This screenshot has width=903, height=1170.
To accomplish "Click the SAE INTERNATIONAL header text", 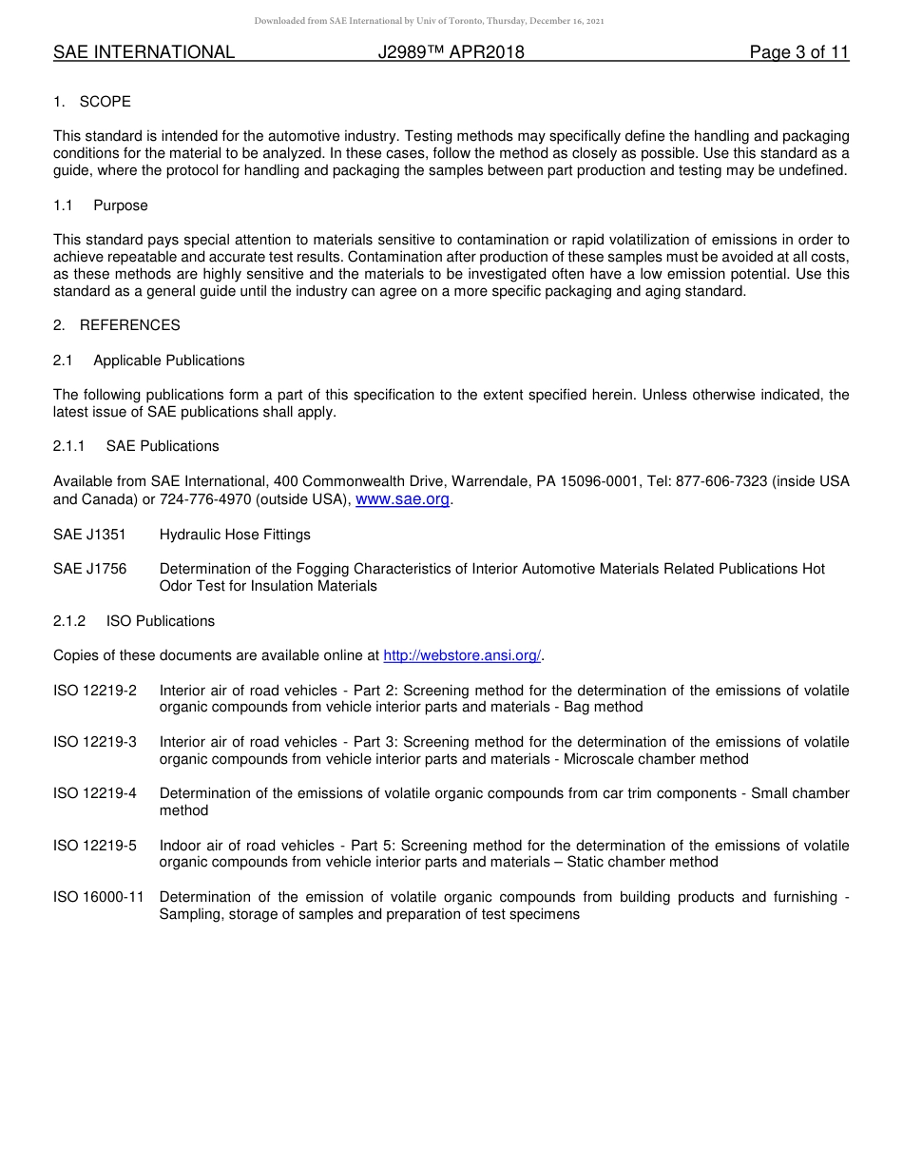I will click(144, 52).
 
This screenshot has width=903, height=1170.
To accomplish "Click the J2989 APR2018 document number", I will click(451, 52).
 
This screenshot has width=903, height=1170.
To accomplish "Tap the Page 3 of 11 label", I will click(798, 52).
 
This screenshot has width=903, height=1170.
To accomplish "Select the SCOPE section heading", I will click(105, 102).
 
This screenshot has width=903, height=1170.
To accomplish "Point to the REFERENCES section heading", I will click(129, 325).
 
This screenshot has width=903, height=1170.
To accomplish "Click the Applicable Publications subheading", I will click(168, 361).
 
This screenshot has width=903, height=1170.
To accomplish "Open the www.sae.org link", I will click(402, 499).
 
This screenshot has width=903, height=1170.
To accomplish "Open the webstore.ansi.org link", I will click(462, 655).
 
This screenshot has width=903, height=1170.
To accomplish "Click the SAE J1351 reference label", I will click(89, 535).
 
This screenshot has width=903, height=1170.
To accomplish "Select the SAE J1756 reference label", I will click(89, 569).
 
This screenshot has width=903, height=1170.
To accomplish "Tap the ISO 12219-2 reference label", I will click(95, 691).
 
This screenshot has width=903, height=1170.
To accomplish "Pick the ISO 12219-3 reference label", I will click(95, 742).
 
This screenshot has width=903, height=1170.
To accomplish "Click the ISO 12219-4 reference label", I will click(95, 793).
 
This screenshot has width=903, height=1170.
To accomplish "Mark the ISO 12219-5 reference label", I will click(95, 846).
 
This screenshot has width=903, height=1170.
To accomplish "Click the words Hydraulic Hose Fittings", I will click(235, 535).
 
